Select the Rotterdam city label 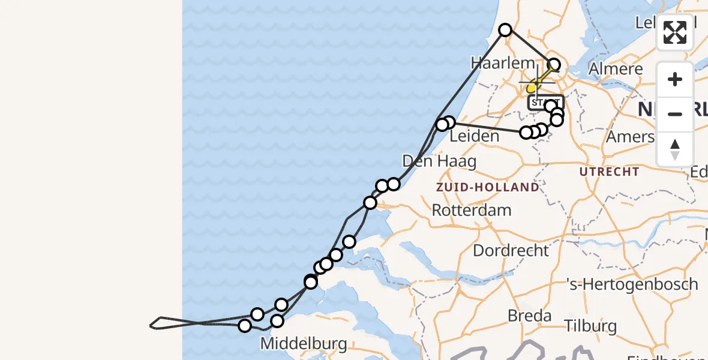tap(472, 211)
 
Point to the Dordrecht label tap(511, 250)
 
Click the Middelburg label tap(304, 344)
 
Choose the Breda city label tap(529, 316)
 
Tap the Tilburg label tap(590, 326)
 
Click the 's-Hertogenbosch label tap(633, 284)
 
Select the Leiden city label tap(474, 136)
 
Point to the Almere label tap(616, 68)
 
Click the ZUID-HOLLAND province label tap(488, 187)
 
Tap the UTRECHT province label tap(610, 172)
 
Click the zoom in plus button tap(675, 80)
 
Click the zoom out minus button tap(675, 114)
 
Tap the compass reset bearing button tap(675, 148)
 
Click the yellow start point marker tap(532, 89)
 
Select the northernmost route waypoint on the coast tap(505, 29)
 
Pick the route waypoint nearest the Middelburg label tap(277, 321)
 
